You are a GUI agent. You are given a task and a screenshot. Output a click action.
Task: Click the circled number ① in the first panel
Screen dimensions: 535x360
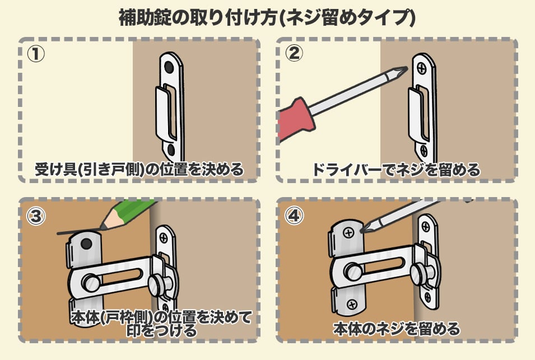tap(36, 54)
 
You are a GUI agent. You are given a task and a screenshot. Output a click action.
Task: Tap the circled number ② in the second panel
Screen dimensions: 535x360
tap(294, 54)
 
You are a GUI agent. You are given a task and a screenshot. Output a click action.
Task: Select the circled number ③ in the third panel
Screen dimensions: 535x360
tap(36, 216)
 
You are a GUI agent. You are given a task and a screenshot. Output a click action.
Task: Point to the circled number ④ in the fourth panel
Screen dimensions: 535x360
tap(294, 216)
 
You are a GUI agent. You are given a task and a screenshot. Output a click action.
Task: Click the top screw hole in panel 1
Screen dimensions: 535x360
tap(169, 67)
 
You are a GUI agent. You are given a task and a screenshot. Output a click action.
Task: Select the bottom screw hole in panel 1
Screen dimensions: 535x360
tap(171, 150)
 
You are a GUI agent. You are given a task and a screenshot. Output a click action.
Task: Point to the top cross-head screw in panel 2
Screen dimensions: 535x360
tap(422, 69)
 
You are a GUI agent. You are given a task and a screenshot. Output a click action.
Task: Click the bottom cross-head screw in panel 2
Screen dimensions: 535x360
tap(424, 150)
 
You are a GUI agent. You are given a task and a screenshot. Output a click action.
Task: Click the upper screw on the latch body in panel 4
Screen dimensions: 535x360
tap(348, 233)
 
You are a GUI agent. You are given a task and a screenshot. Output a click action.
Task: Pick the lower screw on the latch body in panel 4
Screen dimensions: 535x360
tap(352, 304)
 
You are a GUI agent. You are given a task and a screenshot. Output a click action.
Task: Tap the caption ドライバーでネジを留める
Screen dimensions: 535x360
tap(396, 170)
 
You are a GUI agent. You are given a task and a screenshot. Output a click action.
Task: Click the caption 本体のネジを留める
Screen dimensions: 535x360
tap(397, 329)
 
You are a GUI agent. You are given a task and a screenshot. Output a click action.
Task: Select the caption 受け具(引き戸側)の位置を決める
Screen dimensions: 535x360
tap(139, 170)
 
